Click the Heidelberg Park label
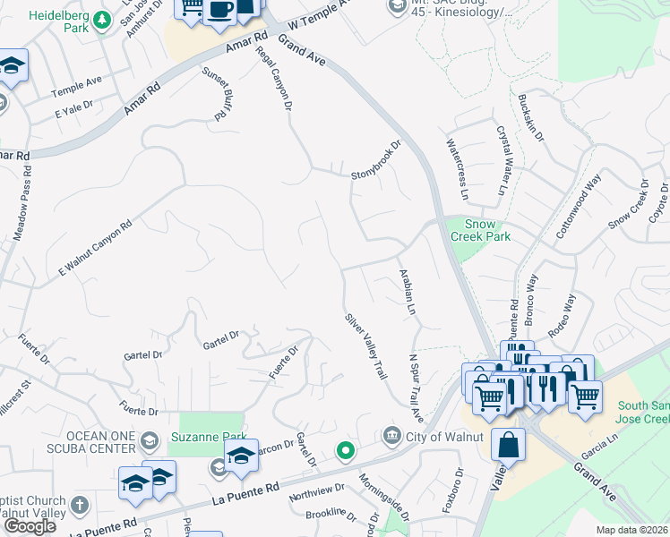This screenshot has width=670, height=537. (66, 16)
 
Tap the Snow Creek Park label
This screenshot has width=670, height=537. (485, 230)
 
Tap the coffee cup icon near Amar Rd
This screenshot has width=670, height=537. (220, 11)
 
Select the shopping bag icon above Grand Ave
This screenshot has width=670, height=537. (508, 445)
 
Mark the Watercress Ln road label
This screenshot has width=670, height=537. (456, 169)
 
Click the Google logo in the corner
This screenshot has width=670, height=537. (30, 526)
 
